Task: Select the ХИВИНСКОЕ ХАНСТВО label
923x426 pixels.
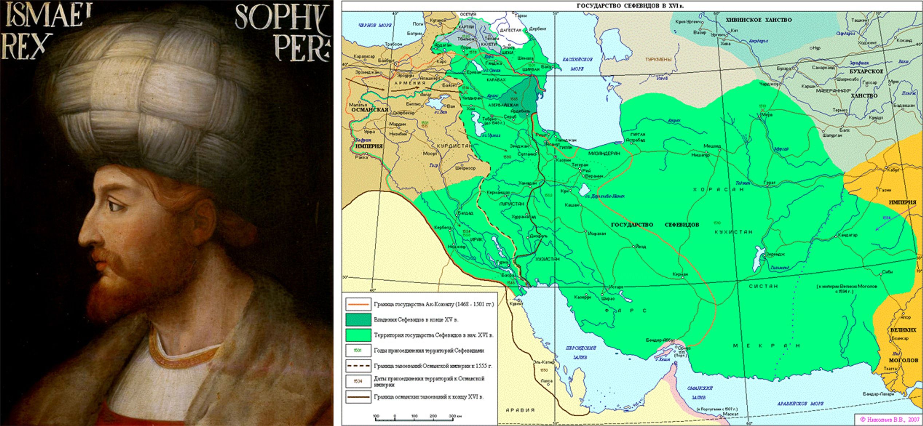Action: [758, 20]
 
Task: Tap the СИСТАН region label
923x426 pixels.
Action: [763, 286]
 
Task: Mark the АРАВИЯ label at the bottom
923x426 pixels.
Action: [520, 410]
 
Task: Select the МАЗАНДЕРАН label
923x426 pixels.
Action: [604, 153]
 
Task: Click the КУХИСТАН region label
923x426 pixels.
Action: [733, 232]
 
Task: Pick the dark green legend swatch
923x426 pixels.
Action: [358, 319]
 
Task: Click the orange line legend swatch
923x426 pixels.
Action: [358, 304]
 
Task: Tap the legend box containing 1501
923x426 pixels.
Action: [358, 350]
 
